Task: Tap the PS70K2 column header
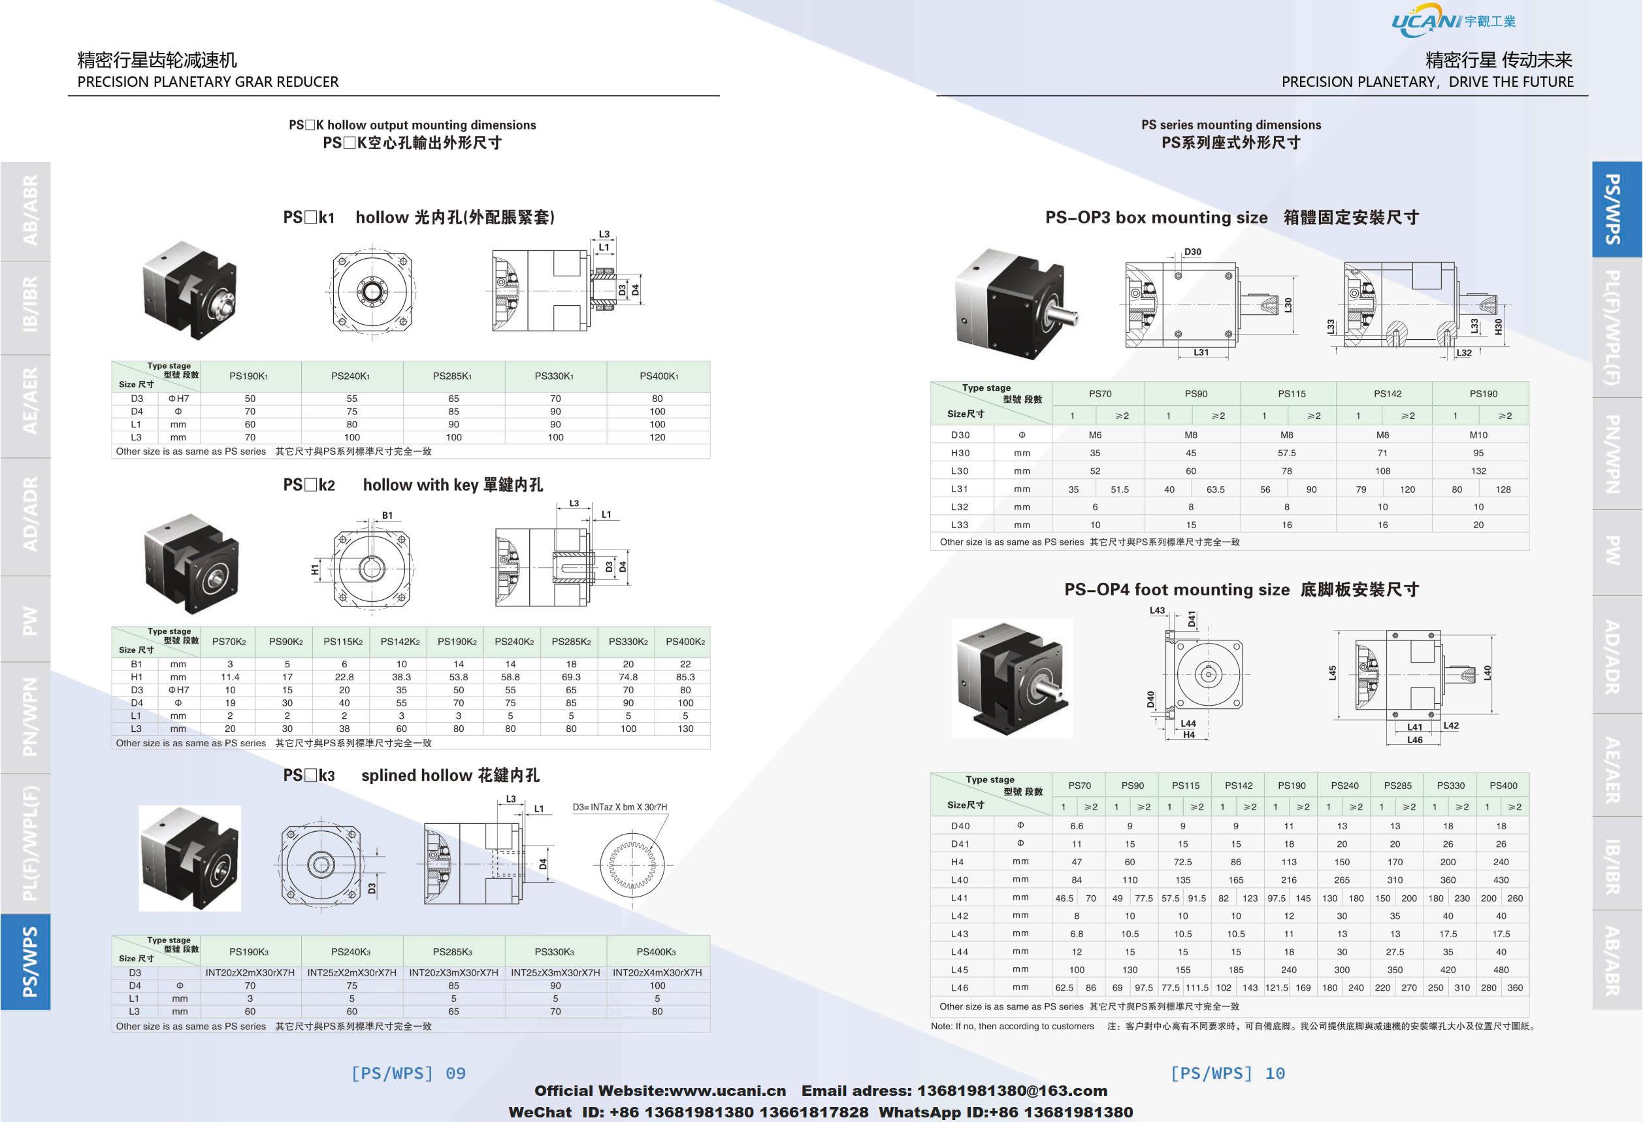point(229,642)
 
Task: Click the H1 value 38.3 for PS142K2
point(401,676)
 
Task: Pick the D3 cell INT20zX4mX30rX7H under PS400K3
point(657,973)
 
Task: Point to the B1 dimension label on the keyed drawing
point(387,516)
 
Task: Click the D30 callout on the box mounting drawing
point(1193,252)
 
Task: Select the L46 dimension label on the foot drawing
point(1414,740)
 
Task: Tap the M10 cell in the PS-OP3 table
point(1478,435)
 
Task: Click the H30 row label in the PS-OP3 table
point(960,452)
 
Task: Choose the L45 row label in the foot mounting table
point(960,969)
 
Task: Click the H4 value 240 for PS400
point(1500,862)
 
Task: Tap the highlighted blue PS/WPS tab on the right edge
point(1616,209)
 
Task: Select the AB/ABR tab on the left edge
point(29,210)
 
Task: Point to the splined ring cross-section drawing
point(631,865)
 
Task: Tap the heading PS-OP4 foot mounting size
point(1177,589)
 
